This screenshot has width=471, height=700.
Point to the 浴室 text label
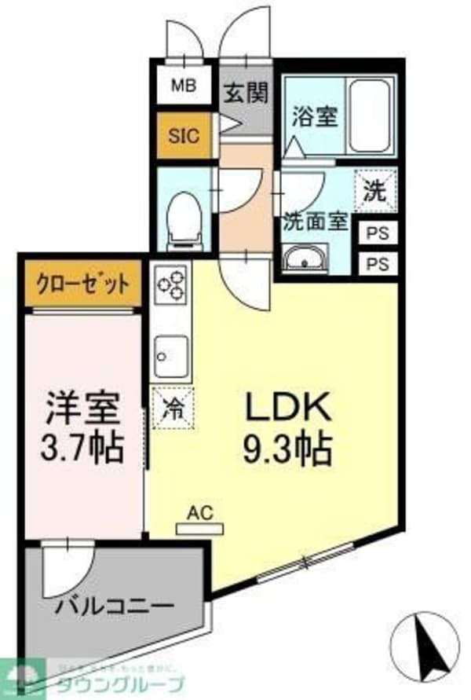tap(315, 118)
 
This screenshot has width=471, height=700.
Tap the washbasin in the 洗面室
tap(306, 258)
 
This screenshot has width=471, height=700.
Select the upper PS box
tap(378, 234)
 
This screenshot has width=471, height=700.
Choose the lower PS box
tap(378, 263)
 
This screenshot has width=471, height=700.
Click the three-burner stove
tap(170, 284)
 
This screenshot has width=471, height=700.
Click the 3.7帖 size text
tap(82, 449)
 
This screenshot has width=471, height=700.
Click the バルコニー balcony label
tap(115, 607)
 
